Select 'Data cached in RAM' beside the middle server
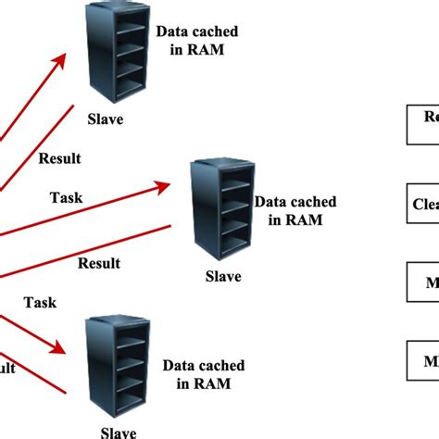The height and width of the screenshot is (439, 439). (x=295, y=209)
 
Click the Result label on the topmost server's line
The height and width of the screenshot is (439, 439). (x=59, y=157)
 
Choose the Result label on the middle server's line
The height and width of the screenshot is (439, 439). (x=98, y=263)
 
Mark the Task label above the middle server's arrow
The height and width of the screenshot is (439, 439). (x=66, y=196)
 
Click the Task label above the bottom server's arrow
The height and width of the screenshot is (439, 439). (x=40, y=302)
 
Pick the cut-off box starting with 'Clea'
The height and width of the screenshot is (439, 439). (x=422, y=203)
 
